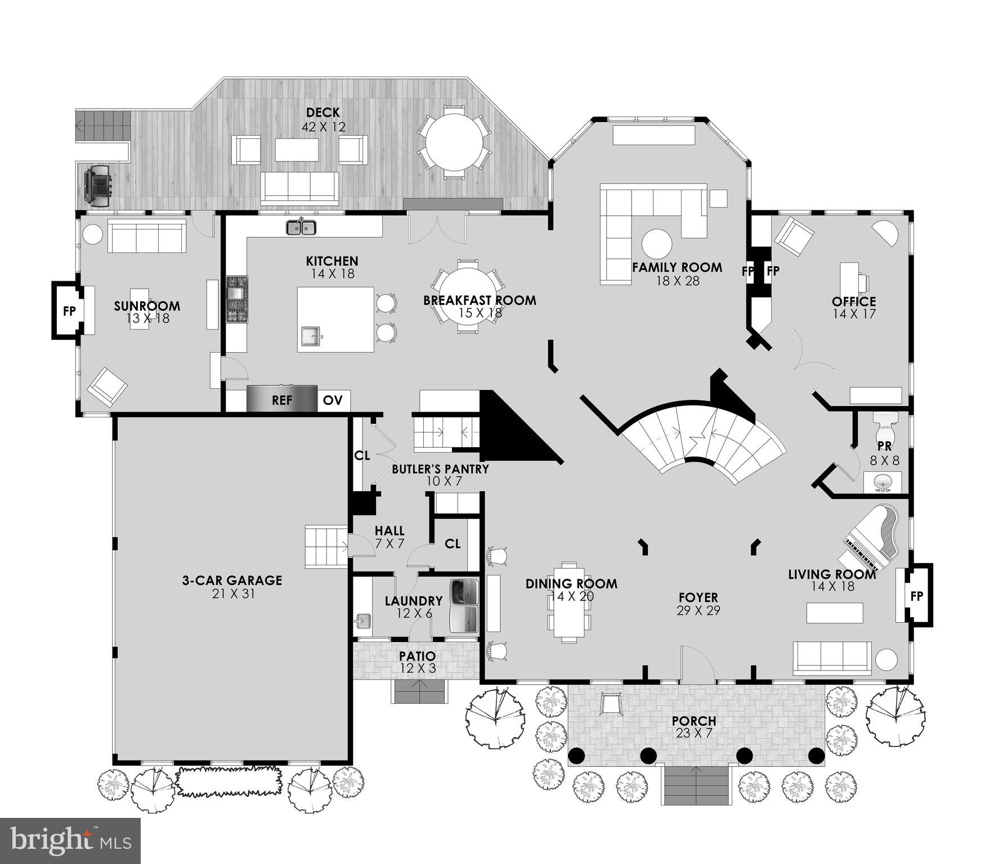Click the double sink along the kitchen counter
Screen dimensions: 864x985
point(301,227)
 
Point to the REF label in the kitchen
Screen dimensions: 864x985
point(282,400)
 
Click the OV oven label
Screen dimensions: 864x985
point(333,400)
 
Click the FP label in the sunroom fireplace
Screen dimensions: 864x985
point(69,310)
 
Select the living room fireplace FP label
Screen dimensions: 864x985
point(916,596)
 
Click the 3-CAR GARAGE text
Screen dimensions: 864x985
point(232,580)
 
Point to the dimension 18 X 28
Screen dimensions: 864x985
point(677,281)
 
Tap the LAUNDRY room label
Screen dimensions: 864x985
point(413,601)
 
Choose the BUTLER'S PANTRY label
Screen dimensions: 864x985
point(440,469)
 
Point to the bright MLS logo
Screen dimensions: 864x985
point(70,840)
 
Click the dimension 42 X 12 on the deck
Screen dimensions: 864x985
point(323,127)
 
